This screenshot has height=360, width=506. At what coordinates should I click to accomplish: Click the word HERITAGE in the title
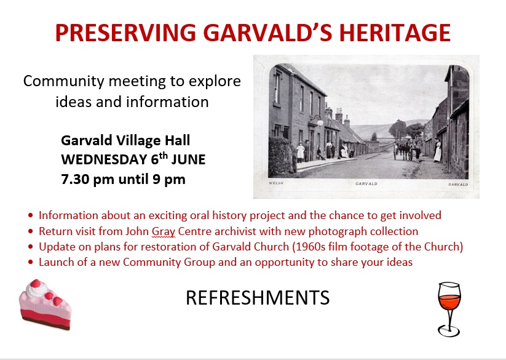(395, 33)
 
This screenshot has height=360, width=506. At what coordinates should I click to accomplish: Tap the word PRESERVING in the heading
(125, 33)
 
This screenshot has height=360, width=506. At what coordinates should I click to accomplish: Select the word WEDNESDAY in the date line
(104, 160)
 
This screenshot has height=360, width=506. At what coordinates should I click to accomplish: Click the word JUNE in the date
(188, 160)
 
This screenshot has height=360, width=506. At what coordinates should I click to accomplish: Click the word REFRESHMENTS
(258, 298)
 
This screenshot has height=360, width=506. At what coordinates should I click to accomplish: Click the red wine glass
(449, 310)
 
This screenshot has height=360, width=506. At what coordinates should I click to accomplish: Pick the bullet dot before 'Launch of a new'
(31, 262)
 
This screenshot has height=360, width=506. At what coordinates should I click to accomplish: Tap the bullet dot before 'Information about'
(31, 215)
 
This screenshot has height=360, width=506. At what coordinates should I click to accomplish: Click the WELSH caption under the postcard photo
(276, 183)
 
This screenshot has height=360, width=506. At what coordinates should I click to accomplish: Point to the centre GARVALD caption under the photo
(366, 184)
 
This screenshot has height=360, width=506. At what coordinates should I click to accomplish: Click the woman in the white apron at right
(438, 150)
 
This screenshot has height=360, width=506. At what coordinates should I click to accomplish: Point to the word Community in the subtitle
(63, 81)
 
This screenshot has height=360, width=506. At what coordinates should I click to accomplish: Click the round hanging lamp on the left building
(320, 122)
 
